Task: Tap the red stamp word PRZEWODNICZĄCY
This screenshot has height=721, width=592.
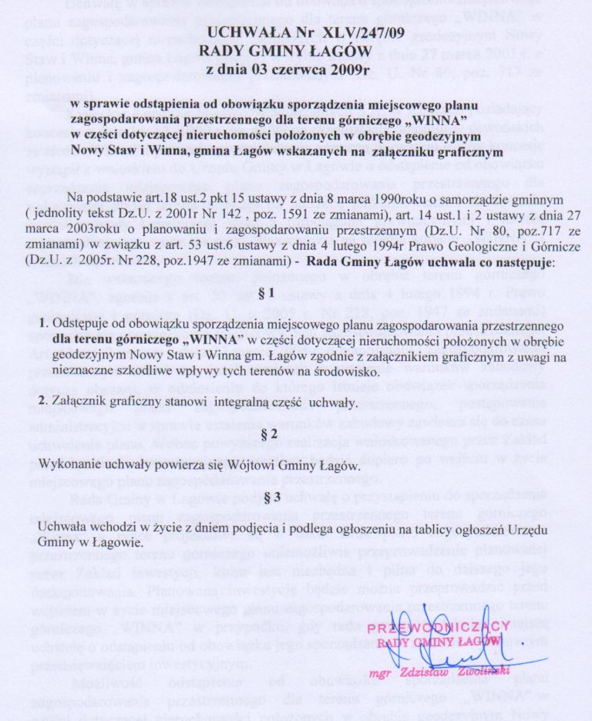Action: pyautogui.click(x=439, y=627)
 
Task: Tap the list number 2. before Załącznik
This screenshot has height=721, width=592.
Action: pyautogui.click(x=43, y=403)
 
